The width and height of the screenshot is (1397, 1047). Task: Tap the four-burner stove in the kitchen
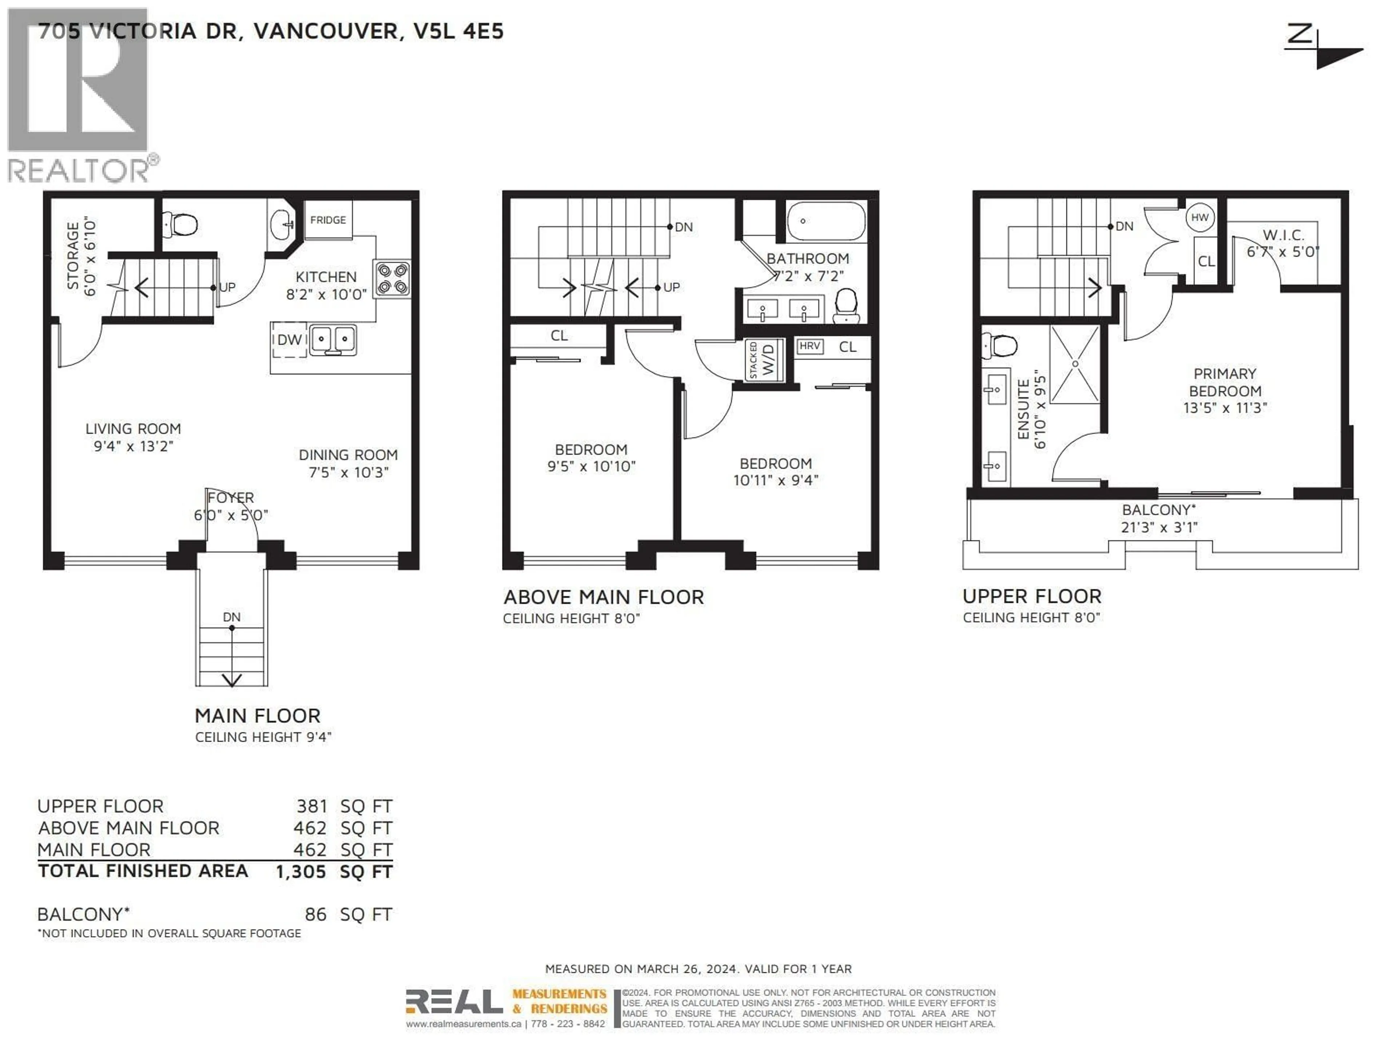point(391,279)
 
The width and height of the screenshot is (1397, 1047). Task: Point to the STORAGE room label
point(73,256)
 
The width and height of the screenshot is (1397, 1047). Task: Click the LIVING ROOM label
point(133,429)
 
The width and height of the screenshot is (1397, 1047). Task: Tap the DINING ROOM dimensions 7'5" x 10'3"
point(349,473)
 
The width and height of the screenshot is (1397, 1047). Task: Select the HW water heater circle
point(1199,218)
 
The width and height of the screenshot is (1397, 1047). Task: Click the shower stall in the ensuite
point(1074,364)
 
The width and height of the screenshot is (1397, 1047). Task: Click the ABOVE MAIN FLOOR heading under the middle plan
point(603,597)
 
